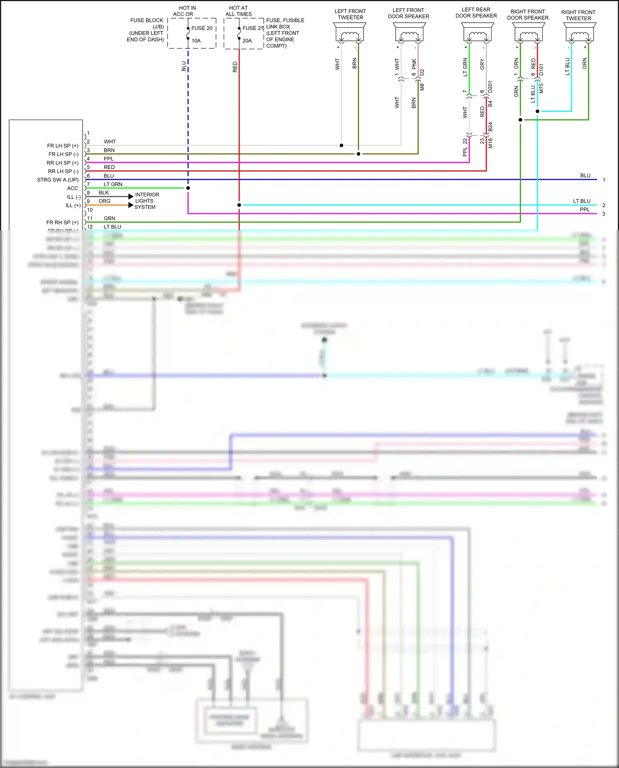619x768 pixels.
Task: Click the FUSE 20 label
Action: tap(202, 28)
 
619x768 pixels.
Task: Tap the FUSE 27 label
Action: tap(253, 28)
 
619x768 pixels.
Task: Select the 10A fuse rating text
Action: tap(196, 41)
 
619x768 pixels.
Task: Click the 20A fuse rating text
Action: tap(247, 41)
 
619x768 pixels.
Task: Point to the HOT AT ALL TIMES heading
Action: tap(239, 11)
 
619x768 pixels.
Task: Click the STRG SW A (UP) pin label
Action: tap(58, 180)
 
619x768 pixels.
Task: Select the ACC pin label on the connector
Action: tap(73, 188)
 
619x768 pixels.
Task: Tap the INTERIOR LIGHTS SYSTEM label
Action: tap(146, 201)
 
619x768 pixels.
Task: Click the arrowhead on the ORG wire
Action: tap(131, 205)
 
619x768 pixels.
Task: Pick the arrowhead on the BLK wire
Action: tap(131, 196)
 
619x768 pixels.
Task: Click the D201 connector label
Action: tap(490, 87)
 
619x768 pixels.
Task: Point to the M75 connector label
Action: tap(541, 88)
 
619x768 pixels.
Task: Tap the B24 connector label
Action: tap(490, 127)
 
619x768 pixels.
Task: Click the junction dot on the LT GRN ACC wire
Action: tap(188, 188)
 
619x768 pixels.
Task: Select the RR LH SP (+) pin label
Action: tap(62, 163)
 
